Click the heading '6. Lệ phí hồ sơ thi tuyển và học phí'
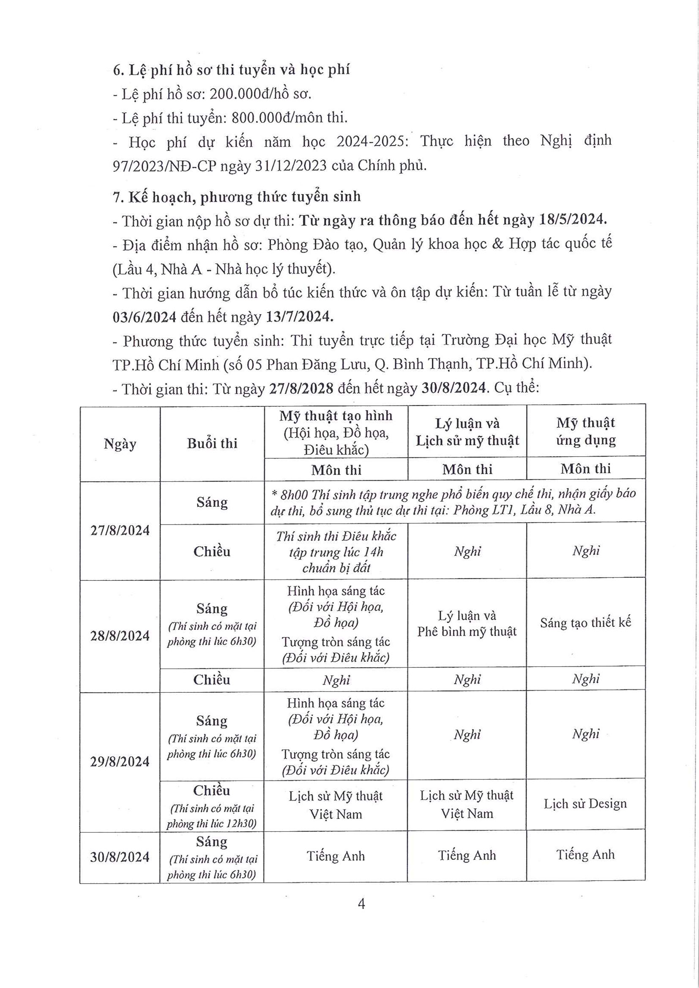point(231,70)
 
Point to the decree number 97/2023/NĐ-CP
point(164,166)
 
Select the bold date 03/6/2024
point(145,317)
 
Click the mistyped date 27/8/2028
point(301,389)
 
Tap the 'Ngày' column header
point(120,444)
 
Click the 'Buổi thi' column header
point(212,444)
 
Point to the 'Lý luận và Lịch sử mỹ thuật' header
point(467,432)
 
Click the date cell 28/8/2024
point(120,636)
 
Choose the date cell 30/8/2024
point(120,857)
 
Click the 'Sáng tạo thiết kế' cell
point(585,623)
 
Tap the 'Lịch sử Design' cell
point(585,804)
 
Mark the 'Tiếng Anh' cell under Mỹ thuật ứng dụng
point(585,855)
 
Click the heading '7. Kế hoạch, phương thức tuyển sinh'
point(237,197)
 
